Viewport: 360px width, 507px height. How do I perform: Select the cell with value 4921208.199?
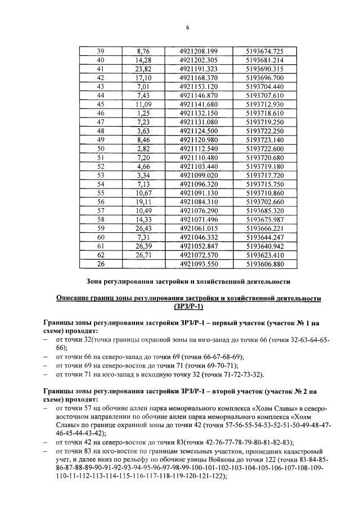[199, 51]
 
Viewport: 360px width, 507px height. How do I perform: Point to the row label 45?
[101, 104]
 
